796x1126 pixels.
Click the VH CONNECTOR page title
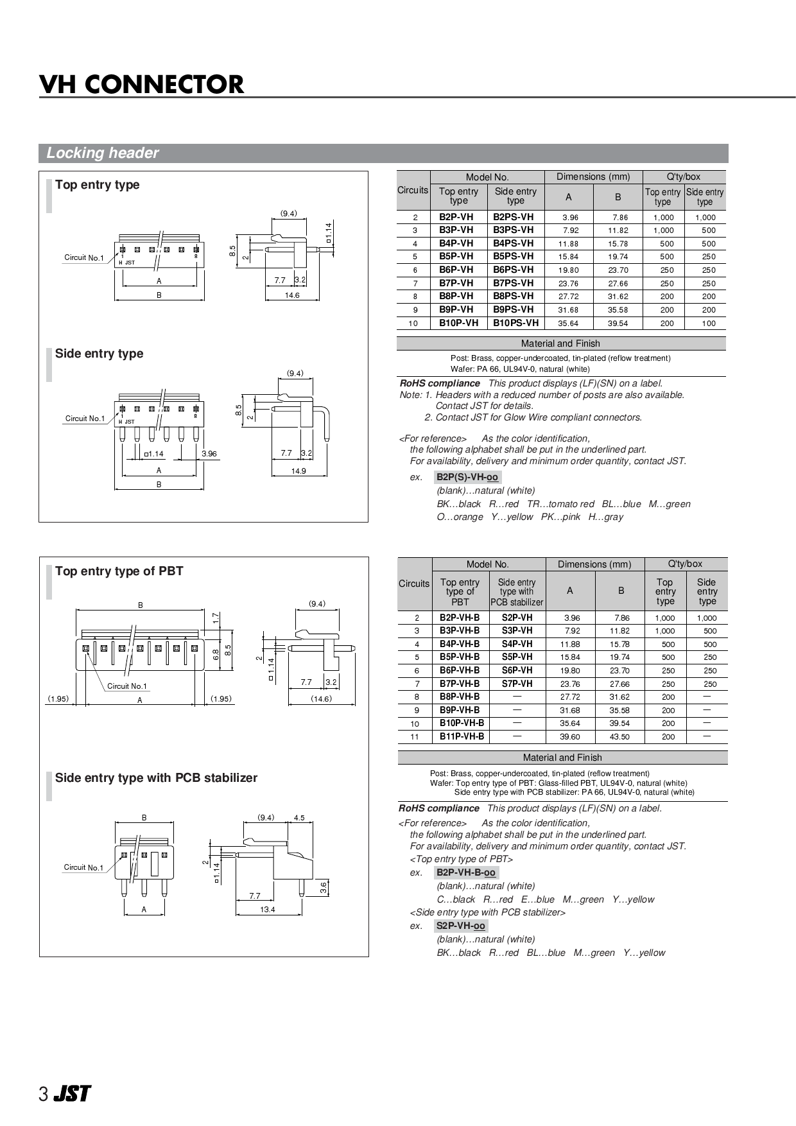point(142,84)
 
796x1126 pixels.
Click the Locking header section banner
point(103,153)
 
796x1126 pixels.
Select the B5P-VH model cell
point(456,256)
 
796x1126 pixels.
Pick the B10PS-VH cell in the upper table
point(515,323)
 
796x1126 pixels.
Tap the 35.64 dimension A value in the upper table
point(568,324)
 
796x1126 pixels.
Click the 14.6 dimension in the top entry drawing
point(292,295)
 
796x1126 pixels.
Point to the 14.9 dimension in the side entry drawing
point(298,471)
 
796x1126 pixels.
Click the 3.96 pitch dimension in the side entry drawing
point(209,453)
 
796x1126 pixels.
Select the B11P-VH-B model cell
point(462,736)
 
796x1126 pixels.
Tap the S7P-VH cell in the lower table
point(517,684)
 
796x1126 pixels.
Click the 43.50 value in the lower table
point(619,737)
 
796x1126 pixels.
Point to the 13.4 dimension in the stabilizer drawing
point(268,910)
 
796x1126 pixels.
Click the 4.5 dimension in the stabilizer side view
point(299,818)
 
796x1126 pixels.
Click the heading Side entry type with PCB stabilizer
point(156,778)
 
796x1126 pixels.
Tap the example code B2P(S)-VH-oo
point(467,477)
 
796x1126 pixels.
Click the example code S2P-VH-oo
point(460,926)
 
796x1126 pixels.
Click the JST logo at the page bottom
point(72,1094)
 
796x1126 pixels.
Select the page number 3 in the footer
point(43,1095)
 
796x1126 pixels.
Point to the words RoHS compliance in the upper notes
point(440,383)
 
